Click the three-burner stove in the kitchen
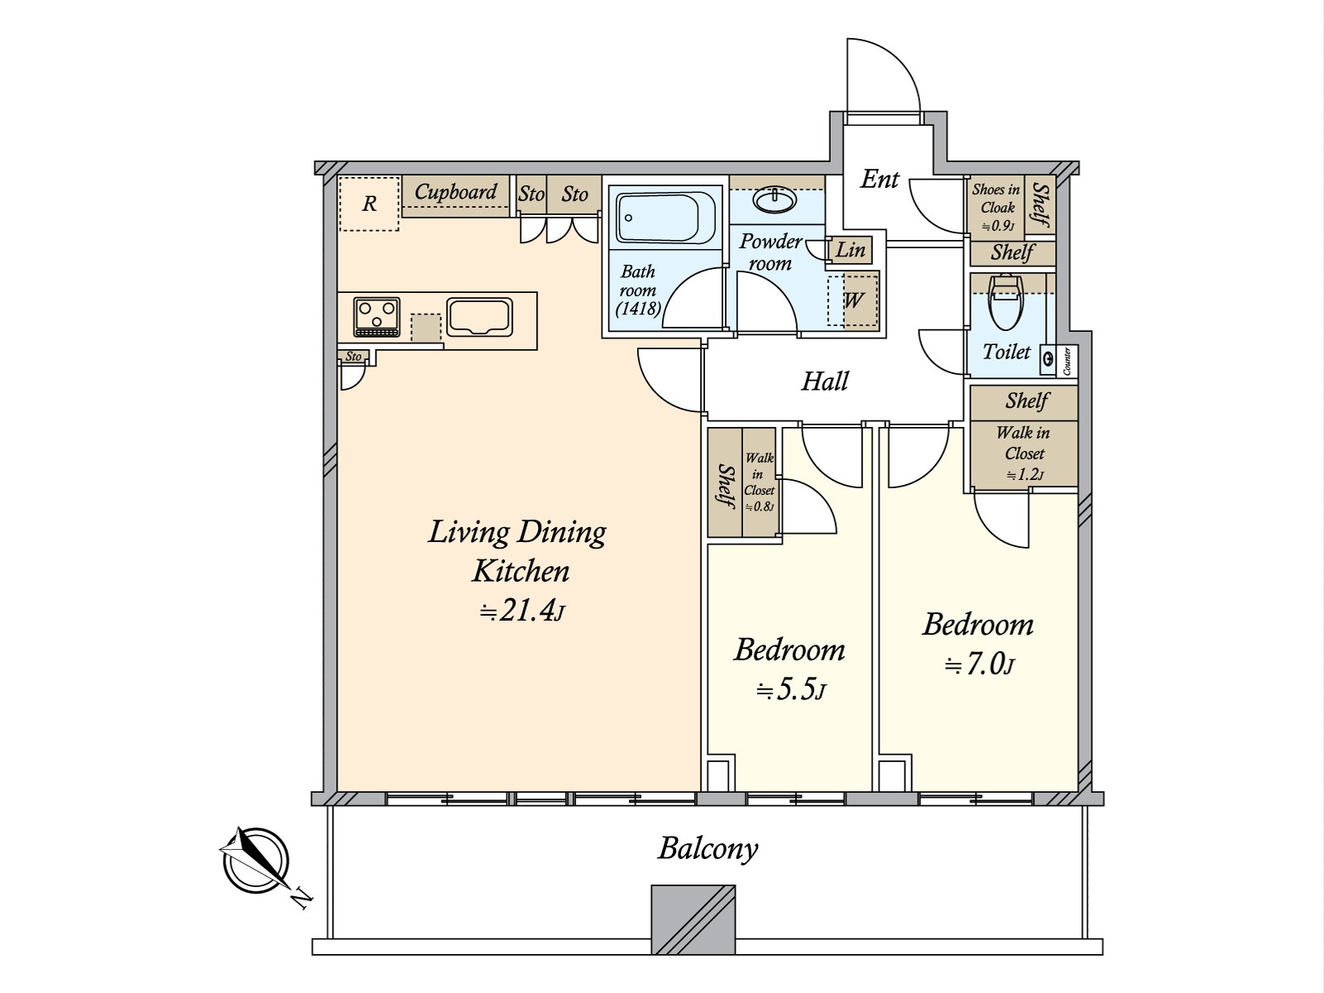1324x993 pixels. coord(377,317)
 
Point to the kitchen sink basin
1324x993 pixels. coord(479,317)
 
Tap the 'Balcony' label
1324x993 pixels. coord(708,849)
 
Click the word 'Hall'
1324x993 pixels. coord(824,381)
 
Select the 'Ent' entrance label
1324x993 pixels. coord(880,179)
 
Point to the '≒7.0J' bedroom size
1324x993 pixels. coord(979,665)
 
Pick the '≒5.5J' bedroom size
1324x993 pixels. coord(790,690)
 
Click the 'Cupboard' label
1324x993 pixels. coord(455,192)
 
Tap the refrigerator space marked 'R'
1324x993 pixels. coord(369,204)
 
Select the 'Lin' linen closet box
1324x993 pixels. coord(851,250)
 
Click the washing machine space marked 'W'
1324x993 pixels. coord(853,300)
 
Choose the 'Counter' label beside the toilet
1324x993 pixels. coord(1067,361)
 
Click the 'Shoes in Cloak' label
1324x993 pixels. coord(995,199)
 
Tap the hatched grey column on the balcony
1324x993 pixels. coord(693,919)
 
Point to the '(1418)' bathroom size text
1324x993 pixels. coord(638,309)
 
